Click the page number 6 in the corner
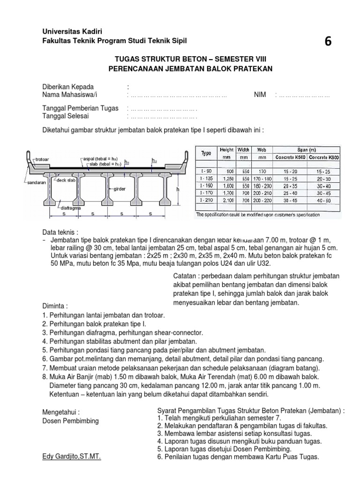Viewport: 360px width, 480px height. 328,42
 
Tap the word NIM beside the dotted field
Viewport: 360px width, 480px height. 260,95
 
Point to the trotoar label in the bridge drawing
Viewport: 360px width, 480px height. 45,160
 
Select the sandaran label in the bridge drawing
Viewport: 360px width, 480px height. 33,180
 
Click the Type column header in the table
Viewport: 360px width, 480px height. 206,153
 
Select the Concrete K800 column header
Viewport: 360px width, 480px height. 324,157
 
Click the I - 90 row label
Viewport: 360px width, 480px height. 206,172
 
